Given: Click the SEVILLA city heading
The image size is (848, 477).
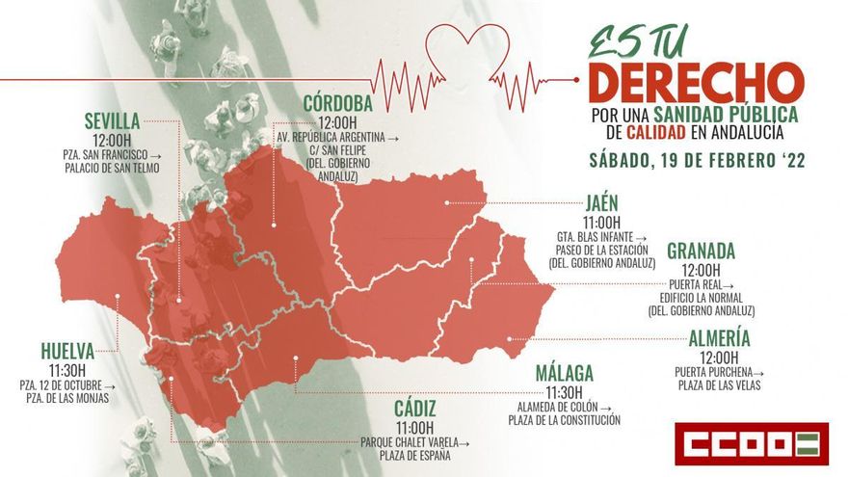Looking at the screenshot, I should coord(112,121).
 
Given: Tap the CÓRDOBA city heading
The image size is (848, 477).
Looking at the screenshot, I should coord(338,103).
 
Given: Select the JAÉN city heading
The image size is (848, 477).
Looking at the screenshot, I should coord(601,203).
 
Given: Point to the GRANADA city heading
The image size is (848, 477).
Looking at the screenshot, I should coord(701,252).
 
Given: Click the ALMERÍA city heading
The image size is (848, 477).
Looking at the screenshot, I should coord(719,338).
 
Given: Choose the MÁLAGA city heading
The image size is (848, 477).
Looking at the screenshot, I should coord(564,373).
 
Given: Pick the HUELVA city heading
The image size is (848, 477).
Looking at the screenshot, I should coord(67,351).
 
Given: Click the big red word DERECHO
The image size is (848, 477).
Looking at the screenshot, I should coord(695,84).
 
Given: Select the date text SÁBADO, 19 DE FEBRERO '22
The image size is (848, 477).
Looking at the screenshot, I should coord(696,161).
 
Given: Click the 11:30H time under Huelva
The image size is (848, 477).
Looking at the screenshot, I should coord(67,370).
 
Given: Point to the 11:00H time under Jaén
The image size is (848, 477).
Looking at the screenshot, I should coord(601,222).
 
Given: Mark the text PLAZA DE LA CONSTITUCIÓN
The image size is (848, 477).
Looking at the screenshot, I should coord(564,420).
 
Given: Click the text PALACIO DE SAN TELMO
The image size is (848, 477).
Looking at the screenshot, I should coord(112,169).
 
